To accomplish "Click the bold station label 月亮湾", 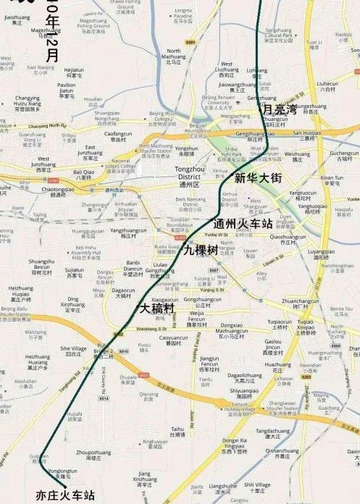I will (280, 109).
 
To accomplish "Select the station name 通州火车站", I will (244, 223).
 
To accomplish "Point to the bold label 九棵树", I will (200, 250).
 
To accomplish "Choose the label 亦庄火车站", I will (65, 496).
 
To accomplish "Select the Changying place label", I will (28, 98).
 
